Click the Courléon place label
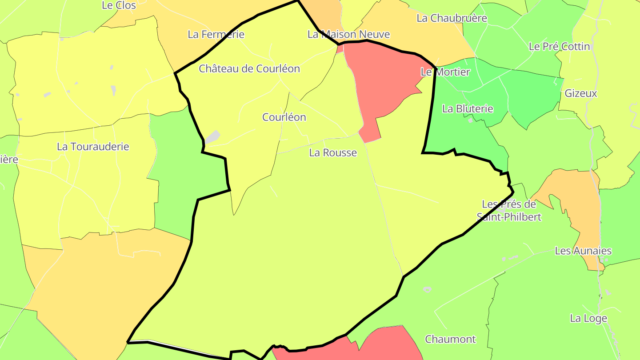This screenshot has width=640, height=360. (x=284, y=117)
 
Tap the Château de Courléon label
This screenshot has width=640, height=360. (x=249, y=69)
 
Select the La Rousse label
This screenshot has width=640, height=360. (x=333, y=153)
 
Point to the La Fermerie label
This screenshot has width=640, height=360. (x=216, y=34)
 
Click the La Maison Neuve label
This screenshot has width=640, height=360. (x=348, y=34)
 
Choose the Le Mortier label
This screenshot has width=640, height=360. (x=445, y=72)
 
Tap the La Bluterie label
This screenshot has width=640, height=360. (x=468, y=109)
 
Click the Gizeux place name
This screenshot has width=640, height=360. (x=580, y=94)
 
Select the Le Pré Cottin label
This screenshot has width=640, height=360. (x=559, y=47)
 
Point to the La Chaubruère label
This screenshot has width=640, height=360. (x=452, y=18)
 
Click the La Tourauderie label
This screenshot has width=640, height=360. (x=93, y=147)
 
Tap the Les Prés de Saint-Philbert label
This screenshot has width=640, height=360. (x=509, y=211)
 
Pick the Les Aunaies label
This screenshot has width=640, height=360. (x=583, y=251)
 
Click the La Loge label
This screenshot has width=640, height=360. (x=588, y=319)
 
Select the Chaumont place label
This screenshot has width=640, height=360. (x=450, y=340)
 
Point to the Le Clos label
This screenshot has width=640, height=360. (x=119, y=5)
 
